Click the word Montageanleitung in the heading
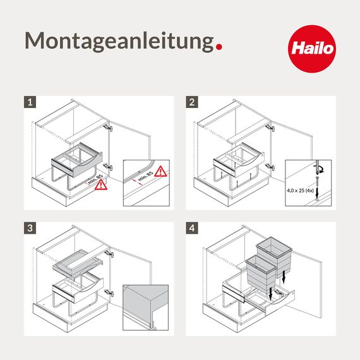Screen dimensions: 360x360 118,41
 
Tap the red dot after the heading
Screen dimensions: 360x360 219,46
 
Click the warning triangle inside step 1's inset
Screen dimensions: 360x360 161,171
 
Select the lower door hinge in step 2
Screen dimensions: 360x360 270,167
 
